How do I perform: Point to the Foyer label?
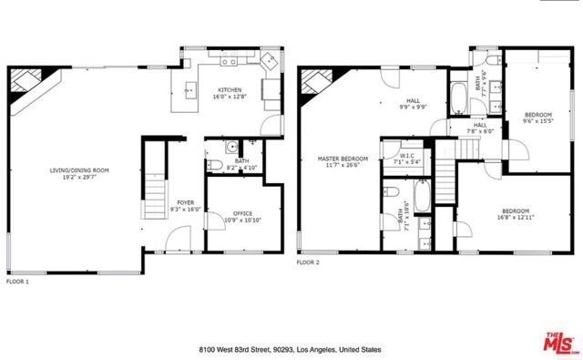click(184, 203)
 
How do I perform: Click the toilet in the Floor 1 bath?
click(212, 165)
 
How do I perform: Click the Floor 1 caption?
click(18, 283)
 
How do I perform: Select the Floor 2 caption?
click(309, 262)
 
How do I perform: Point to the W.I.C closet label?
click(406, 156)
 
